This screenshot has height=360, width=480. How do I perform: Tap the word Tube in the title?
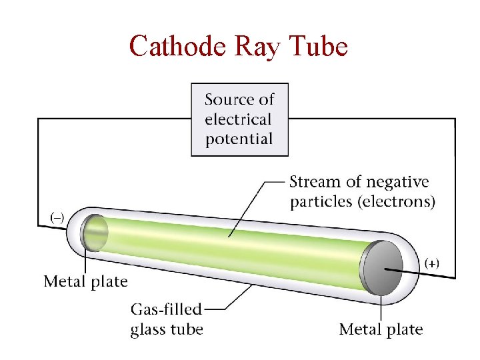pos(319,47)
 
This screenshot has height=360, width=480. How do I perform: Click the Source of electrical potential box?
pos(239,120)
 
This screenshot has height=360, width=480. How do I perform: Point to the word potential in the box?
pos(239,139)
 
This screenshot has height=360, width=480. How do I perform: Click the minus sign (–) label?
pos(58,217)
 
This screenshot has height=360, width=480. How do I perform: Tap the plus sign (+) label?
pos(432,263)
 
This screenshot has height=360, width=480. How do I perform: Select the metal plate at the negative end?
pos(93,233)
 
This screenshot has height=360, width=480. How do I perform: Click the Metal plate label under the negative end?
pos(85,281)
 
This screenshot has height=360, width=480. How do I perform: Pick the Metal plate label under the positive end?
pos(381,329)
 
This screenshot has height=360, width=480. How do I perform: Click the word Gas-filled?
pos(166,310)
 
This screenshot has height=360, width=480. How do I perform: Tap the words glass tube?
pos(167,329)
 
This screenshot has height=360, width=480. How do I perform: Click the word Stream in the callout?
pos(314,182)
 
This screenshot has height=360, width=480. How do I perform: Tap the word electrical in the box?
pos(238,120)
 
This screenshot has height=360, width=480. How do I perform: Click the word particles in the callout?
pos(322,201)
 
